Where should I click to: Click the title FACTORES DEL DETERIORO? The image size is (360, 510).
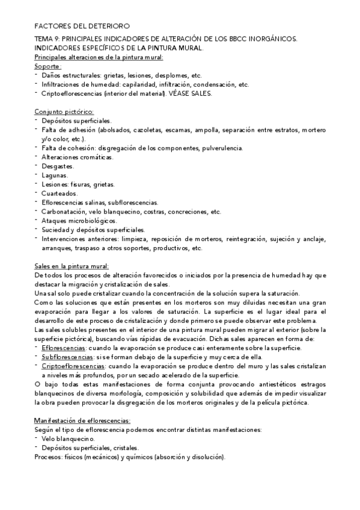coord(81,27)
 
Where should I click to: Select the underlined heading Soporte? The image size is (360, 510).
coord(48,66)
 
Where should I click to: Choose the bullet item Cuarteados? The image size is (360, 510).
coord(59,194)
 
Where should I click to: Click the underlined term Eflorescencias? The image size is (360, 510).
coord(64,348)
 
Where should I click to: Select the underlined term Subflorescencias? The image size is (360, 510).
coord(67,357)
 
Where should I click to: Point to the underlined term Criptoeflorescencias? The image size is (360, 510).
coord(73,366)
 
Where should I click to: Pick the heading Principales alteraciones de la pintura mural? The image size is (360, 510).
coord(99,57)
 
